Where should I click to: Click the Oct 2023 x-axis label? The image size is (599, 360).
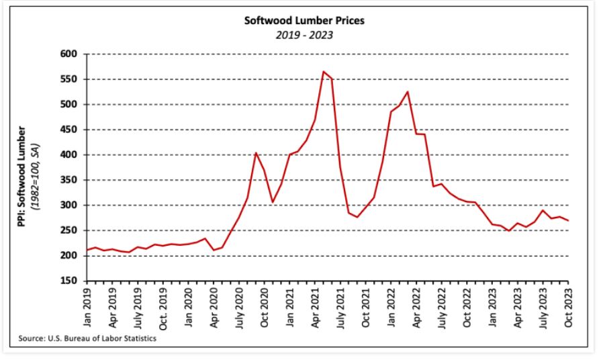pos(568,307)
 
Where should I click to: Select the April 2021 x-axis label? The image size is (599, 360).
pos(316,307)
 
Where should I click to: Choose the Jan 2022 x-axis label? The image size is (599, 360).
pos(391,307)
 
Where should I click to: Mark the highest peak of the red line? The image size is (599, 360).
pos(324,71)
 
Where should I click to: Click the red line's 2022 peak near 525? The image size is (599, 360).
pos(408,92)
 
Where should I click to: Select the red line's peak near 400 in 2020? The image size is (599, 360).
pos(256,152)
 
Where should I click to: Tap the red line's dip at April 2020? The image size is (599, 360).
pos(214,251)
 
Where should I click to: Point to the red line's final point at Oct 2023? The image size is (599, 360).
pos(568,220)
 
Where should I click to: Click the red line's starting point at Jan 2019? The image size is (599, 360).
pos(88,250)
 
